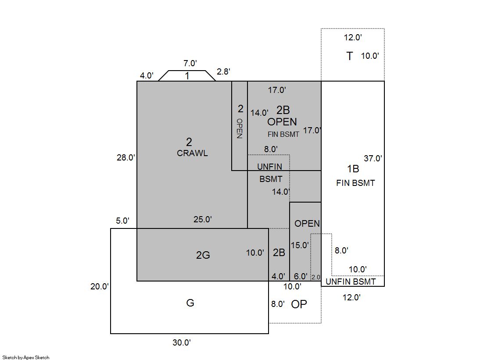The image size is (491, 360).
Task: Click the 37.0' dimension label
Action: pyautogui.click(x=373, y=158)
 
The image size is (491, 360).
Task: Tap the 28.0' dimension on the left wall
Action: pyautogui.click(x=126, y=158)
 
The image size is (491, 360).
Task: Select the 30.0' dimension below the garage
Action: pyautogui.click(x=182, y=343)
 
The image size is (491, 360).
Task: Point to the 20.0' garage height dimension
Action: pyautogui.click(x=100, y=286)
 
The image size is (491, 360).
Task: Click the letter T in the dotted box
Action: pyautogui.click(x=349, y=56)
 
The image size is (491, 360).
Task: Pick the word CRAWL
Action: pyautogui.click(x=192, y=153)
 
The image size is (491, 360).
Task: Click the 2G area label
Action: pyautogui.click(x=203, y=255)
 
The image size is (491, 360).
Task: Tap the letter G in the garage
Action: pyautogui.click(x=190, y=303)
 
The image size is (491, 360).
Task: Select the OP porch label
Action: pyautogui.click(x=299, y=304)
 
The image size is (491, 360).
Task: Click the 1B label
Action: pyautogui.click(x=353, y=169)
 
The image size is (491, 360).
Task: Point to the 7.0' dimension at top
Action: pyautogui.click(x=190, y=63)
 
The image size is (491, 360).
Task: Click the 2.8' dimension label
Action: pyautogui.click(x=223, y=71)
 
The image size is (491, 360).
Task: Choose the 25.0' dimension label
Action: pyautogui.click(x=203, y=219)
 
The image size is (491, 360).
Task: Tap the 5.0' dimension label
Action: pyautogui.click(x=123, y=221)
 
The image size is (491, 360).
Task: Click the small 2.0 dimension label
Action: pyautogui.click(x=316, y=277)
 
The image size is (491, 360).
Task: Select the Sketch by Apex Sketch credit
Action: pyautogui.click(x=26, y=357)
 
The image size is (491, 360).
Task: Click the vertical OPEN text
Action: pyautogui.click(x=240, y=128)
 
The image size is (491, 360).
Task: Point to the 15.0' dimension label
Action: pyautogui.click(x=300, y=245)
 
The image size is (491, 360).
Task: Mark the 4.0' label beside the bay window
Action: pyautogui.click(x=147, y=75)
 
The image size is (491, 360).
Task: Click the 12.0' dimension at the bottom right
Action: pyautogui.click(x=351, y=297)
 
